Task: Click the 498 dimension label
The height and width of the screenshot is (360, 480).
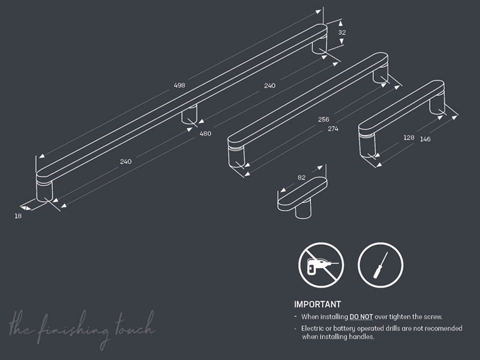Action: pos(179,85)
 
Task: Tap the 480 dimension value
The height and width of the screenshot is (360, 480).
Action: pos(205,133)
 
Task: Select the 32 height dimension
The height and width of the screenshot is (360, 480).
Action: pos(342,32)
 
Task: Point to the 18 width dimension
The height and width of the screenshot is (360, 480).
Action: pos(18,216)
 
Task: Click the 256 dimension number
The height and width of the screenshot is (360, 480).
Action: pos(323,119)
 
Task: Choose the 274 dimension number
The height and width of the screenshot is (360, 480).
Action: pos(333,129)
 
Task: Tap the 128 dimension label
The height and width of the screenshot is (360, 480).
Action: pos(409,138)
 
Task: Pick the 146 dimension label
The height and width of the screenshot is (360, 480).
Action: pos(425,139)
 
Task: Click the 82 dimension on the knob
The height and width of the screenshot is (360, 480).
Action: pos(302,178)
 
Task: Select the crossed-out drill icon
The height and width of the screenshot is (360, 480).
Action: pos(321,265)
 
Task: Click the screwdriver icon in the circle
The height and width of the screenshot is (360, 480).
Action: pos(380,265)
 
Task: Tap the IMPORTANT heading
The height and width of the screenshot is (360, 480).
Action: pos(317,304)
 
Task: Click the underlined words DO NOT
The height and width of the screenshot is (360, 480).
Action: pos(361,317)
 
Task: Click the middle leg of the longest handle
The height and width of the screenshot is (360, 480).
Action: pos(189,115)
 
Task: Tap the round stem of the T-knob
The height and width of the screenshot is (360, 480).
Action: pos(303,210)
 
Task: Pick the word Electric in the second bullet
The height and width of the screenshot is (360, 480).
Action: pos(312,328)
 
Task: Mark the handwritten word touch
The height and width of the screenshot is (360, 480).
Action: pos(136,325)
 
